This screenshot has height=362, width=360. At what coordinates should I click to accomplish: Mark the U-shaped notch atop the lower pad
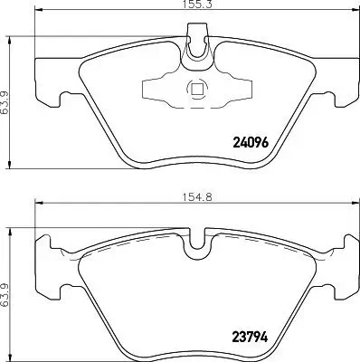coord(194,242)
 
